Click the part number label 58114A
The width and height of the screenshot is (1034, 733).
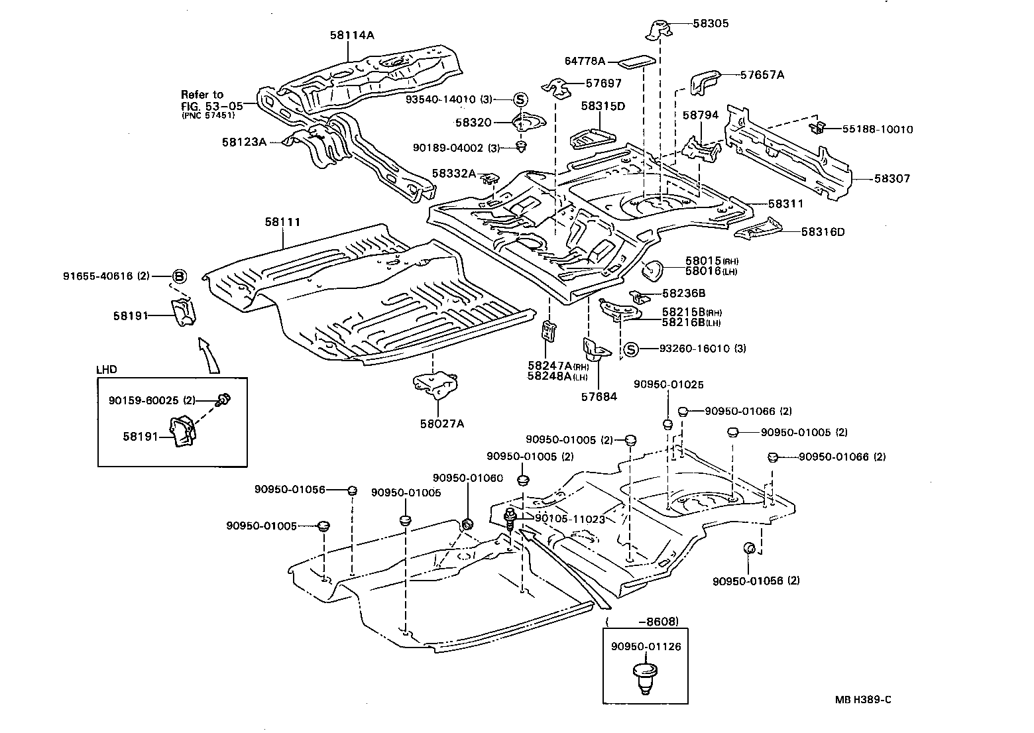[351, 35]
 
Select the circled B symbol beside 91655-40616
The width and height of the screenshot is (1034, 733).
[179, 276]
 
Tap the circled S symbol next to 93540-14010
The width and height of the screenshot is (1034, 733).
[520, 99]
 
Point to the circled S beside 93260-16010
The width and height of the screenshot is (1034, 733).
[630, 349]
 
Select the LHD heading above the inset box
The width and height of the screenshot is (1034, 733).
[107, 368]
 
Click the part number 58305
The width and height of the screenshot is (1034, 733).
[711, 23]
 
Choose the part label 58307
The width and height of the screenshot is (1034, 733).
[891, 178]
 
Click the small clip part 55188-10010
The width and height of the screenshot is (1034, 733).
[818, 127]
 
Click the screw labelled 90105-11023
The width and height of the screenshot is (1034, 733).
[511, 517]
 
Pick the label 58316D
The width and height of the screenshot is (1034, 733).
[823, 231]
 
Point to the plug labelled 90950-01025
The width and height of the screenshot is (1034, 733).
[668, 424]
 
